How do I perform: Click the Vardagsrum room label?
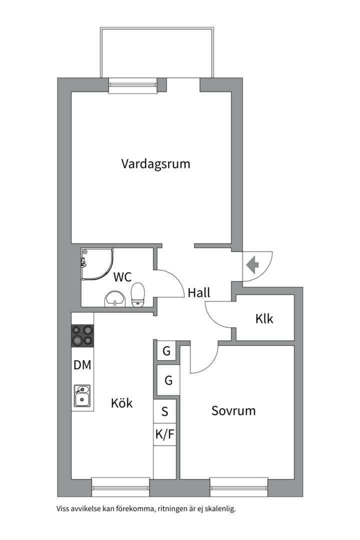click(x=155, y=163)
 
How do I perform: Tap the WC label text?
click(x=122, y=276)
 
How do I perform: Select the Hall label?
click(x=199, y=293)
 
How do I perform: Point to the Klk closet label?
click(x=264, y=318)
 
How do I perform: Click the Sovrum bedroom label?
click(x=233, y=411)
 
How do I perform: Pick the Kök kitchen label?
click(x=122, y=402)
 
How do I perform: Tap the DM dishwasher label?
click(x=82, y=365)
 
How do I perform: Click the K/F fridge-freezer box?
click(x=165, y=435)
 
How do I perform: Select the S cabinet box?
click(x=165, y=412)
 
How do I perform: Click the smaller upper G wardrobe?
click(x=166, y=351)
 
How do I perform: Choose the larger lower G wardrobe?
click(x=168, y=380)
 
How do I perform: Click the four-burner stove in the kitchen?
click(x=82, y=335)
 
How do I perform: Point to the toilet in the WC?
click(x=137, y=294)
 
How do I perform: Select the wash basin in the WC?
click(x=114, y=299)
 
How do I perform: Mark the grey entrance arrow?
click(x=252, y=263)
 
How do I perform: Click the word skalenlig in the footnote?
click(x=216, y=509)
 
